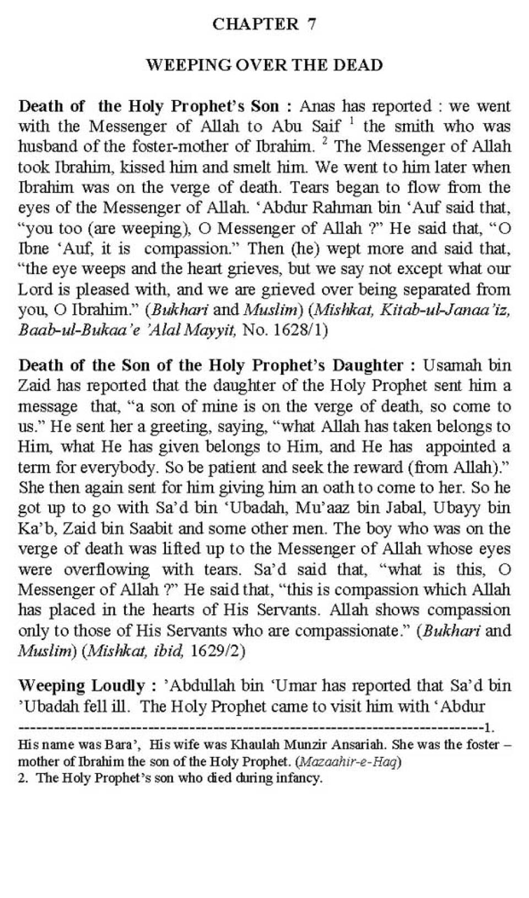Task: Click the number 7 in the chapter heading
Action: click(x=312, y=24)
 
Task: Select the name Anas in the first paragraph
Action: click(x=318, y=106)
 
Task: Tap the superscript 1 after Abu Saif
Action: click(x=350, y=122)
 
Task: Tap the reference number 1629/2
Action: click(x=214, y=650)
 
